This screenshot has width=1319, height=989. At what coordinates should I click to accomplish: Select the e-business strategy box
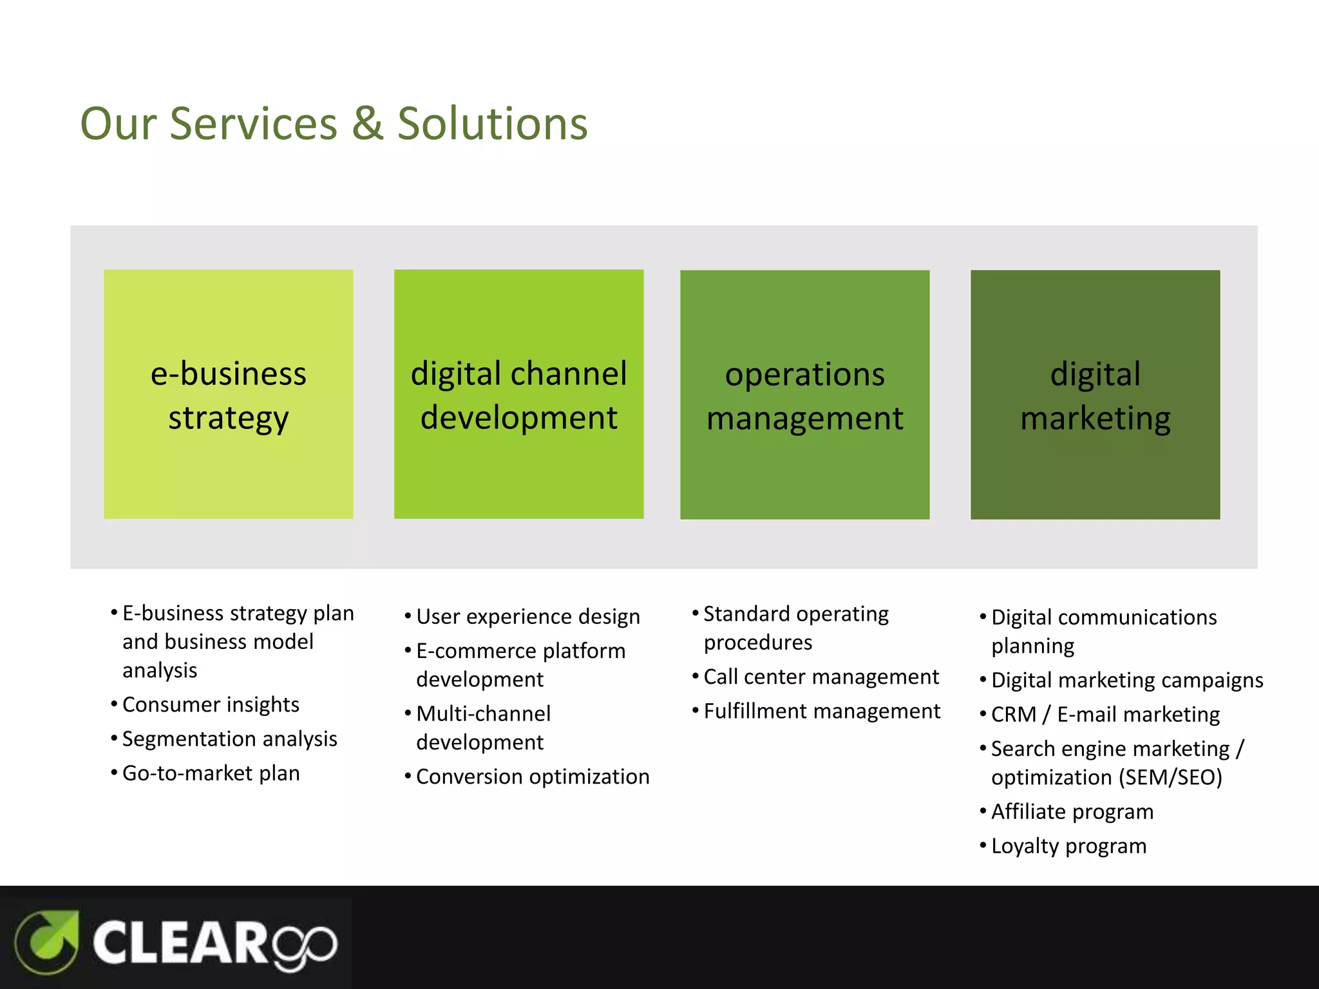[228, 394]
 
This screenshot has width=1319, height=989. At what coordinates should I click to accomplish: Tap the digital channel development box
[518, 394]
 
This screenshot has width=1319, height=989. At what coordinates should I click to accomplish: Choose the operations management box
[804, 395]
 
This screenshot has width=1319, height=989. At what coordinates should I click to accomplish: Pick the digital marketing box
[1095, 395]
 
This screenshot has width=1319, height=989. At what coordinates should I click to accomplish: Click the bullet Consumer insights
[211, 704]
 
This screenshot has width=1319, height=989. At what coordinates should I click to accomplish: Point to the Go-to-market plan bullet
[211, 773]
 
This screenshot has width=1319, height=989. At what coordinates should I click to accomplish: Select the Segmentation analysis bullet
[229, 739]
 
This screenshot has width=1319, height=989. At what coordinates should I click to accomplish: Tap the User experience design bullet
[527, 616]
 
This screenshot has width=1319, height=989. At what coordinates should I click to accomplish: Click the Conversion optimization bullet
[532, 777]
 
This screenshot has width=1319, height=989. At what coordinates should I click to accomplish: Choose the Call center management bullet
[821, 677]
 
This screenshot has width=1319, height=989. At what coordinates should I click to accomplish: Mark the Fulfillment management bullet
[821, 711]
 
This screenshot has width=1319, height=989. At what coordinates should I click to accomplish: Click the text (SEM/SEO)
[1170, 777]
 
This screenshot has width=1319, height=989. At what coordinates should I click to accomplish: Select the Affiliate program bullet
[1072, 811]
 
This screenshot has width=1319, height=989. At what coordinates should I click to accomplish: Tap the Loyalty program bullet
[1068, 845]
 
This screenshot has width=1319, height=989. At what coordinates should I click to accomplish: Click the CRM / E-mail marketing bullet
[1105, 714]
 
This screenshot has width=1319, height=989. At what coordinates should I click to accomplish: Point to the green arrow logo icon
[47, 942]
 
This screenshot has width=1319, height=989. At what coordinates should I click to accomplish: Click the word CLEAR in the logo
[180, 943]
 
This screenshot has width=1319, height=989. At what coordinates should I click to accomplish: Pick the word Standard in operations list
[746, 614]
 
